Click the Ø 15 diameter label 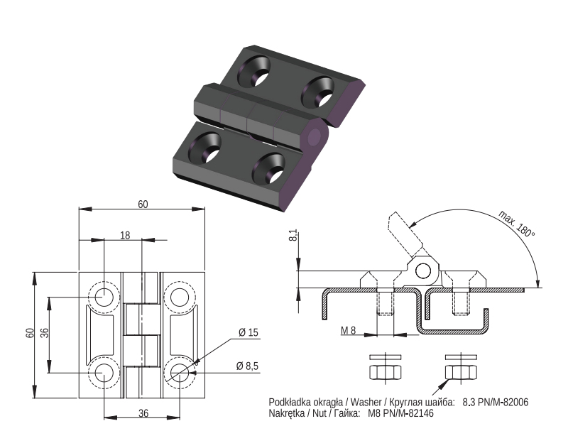click(x=248, y=332)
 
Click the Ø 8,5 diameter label click(x=247, y=366)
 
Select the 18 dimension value click(x=125, y=236)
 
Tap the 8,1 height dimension click(x=294, y=235)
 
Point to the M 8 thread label click(x=348, y=330)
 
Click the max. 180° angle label click(x=517, y=223)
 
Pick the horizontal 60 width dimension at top click(x=143, y=204)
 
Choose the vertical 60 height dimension click(x=30, y=333)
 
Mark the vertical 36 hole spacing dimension click(x=44, y=333)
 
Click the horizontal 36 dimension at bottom click(x=143, y=413)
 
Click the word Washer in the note click(x=366, y=402)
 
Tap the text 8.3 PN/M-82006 click(x=495, y=402)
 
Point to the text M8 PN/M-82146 click(x=400, y=413)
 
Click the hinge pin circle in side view click(x=422, y=271)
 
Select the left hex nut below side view click(x=385, y=372)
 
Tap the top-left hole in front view click(x=104, y=297)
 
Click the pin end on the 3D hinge click(x=315, y=137)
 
